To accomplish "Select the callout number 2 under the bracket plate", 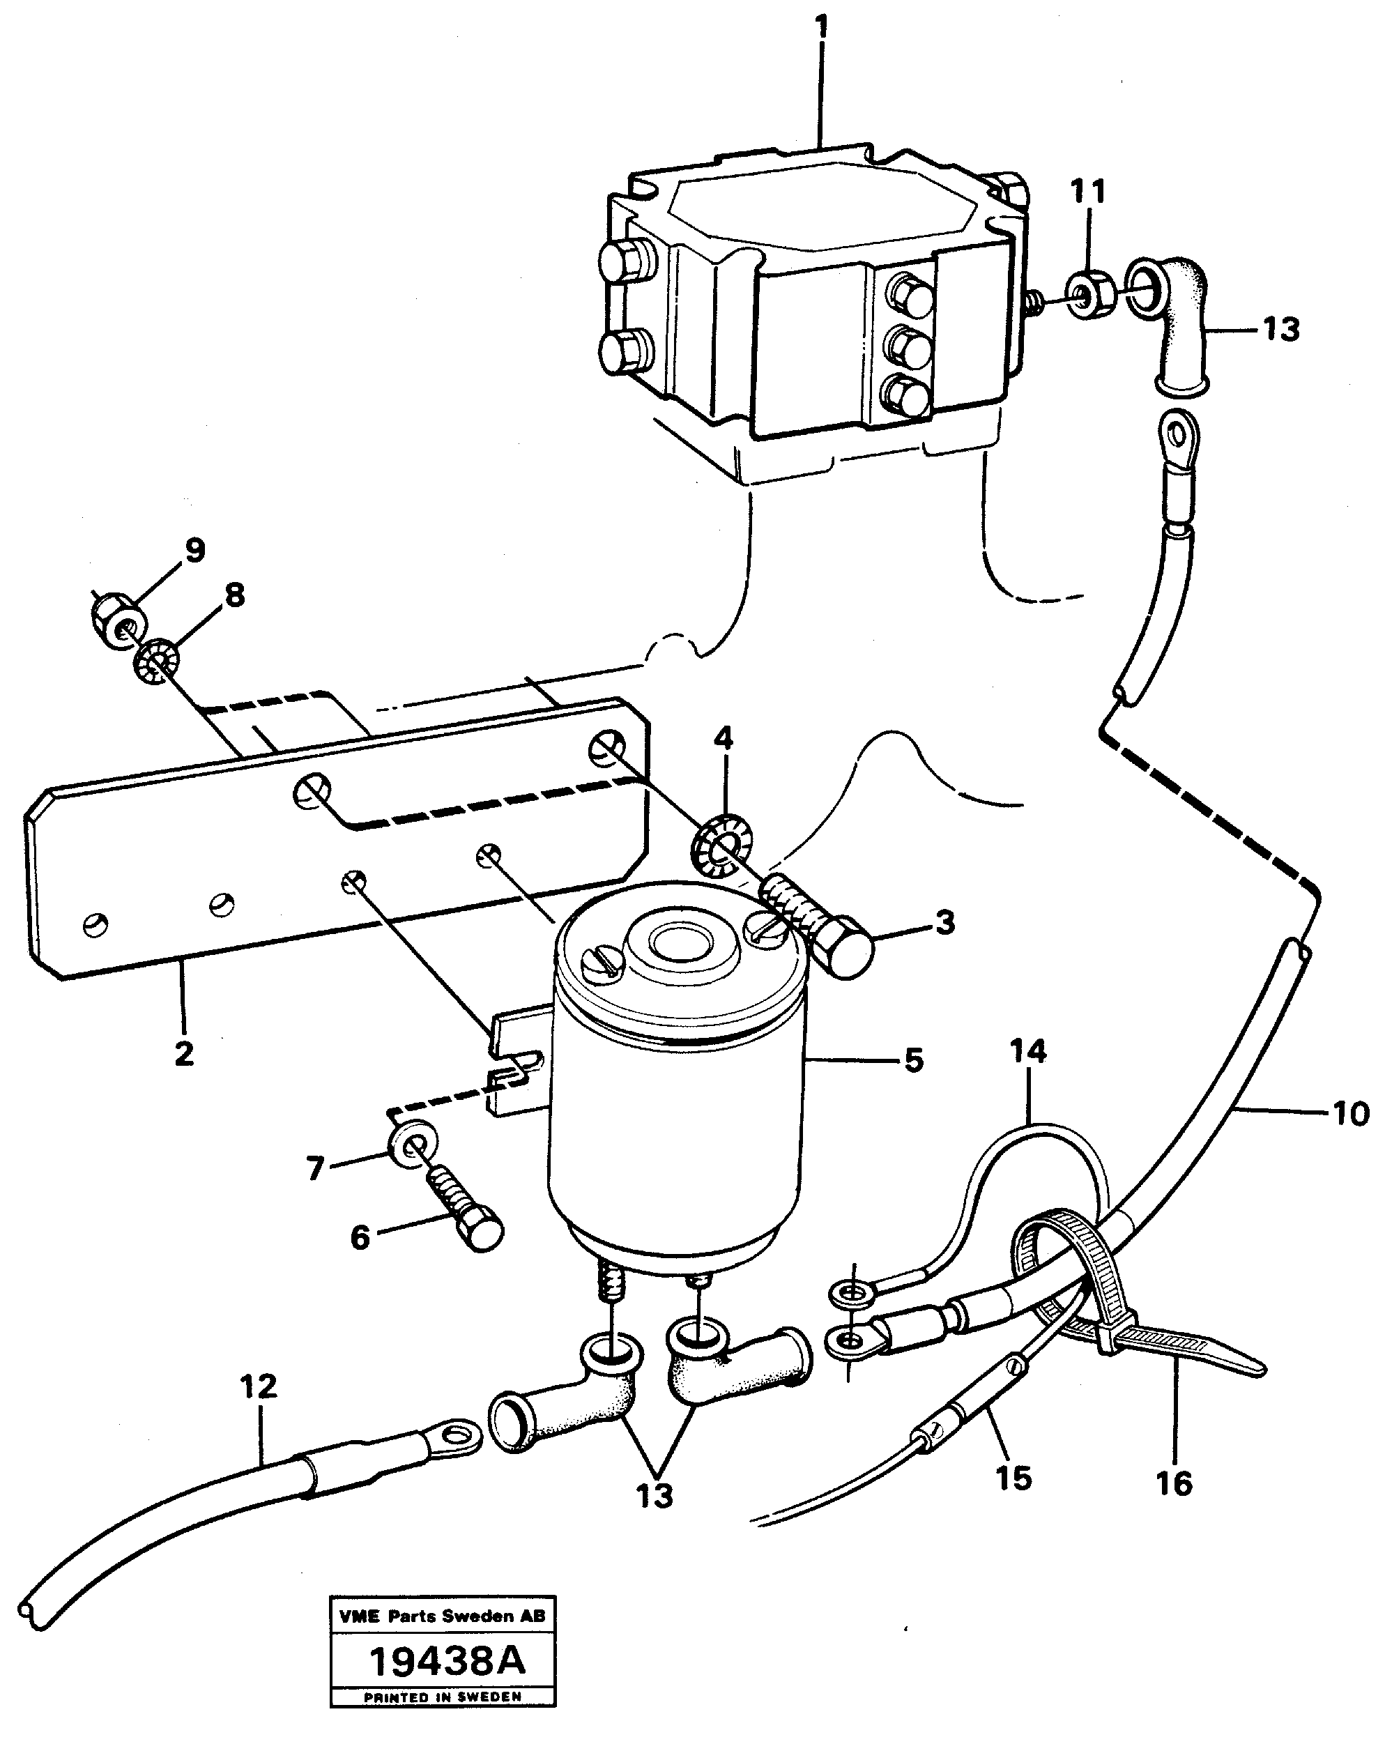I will pos(185,1053).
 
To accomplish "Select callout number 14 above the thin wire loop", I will pos(1027,1052).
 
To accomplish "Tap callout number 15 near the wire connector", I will pos(1013,1477).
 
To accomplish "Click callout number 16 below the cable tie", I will pos(1174,1483).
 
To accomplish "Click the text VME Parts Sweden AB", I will pos(443,1616).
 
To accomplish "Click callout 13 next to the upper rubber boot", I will pos(1280,329).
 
